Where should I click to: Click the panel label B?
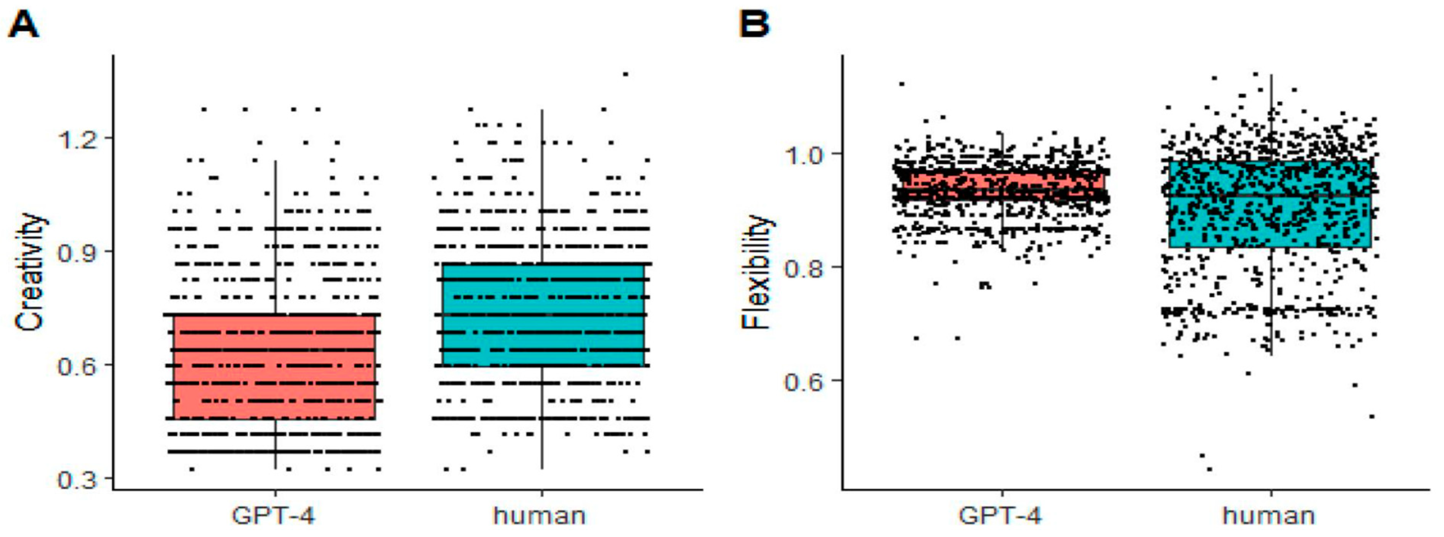(x=754, y=25)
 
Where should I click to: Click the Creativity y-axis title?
(x=29, y=272)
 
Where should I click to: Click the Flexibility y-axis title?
(x=756, y=272)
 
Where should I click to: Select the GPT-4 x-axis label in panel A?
(x=273, y=515)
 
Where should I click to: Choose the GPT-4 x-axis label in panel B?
(x=1001, y=515)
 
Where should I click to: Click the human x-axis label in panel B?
(x=1269, y=515)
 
